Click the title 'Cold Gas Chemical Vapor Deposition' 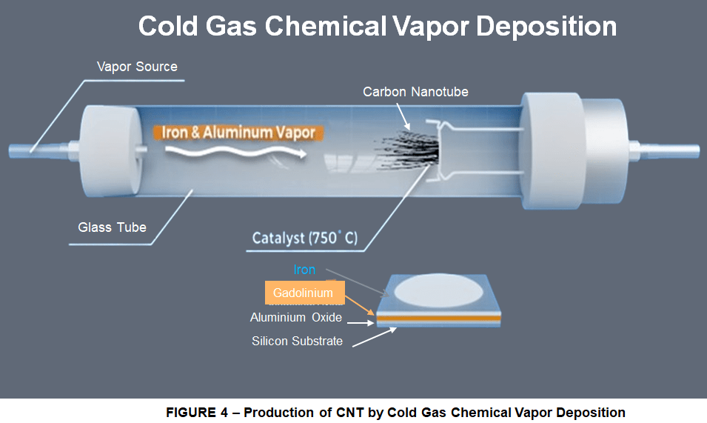377,27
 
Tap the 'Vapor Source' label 137,67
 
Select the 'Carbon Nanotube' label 415,92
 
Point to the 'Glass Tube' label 112,227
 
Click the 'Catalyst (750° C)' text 304,239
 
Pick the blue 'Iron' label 304,270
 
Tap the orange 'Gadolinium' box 303,293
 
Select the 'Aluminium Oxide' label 296,318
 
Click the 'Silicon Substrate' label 297,342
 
